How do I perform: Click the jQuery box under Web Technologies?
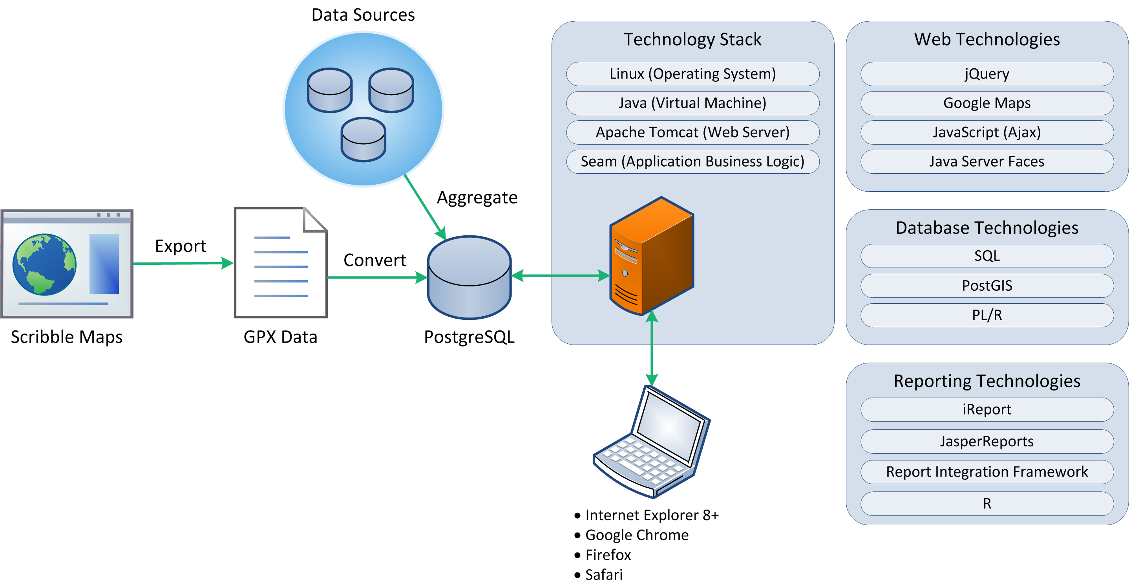(x=987, y=74)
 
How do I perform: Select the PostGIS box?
(x=987, y=286)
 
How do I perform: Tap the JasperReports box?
(x=987, y=441)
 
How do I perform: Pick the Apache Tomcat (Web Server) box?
(x=692, y=132)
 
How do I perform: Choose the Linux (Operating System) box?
(x=692, y=74)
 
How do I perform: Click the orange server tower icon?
(x=651, y=257)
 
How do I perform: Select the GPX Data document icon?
(x=281, y=263)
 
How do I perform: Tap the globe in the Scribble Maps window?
(x=44, y=264)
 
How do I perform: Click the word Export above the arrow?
(x=180, y=246)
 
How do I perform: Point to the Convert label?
(x=375, y=260)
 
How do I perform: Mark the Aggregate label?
(x=477, y=197)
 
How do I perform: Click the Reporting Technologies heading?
(x=987, y=381)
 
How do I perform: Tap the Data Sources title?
(x=363, y=15)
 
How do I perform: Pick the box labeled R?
(x=987, y=503)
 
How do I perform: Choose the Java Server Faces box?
(x=987, y=161)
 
